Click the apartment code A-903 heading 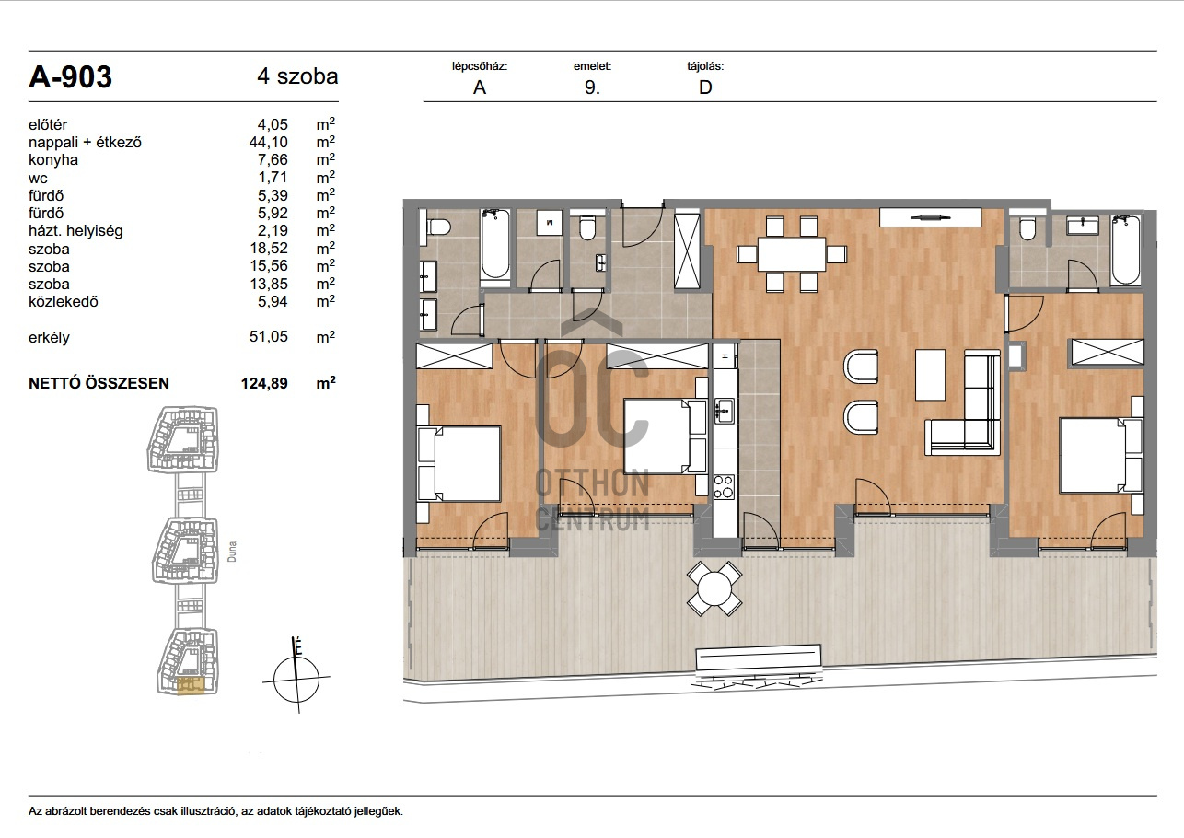[70, 77]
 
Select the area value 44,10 [269, 142]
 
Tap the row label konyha [53, 159]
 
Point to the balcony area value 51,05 [269, 336]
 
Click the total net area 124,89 [264, 383]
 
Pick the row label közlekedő [64, 301]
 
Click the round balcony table [714, 588]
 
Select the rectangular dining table [792, 254]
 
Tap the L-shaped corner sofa [963, 405]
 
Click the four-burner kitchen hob [724, 486]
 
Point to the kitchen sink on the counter [725, 411]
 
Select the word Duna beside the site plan [231, 551]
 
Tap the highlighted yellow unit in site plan [191, 685]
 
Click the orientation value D [705, 87]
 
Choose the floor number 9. [592, 87]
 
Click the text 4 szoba [297, 76]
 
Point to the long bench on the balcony [759, 658]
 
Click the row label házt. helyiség [75, 230]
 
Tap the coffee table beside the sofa [930, 375]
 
